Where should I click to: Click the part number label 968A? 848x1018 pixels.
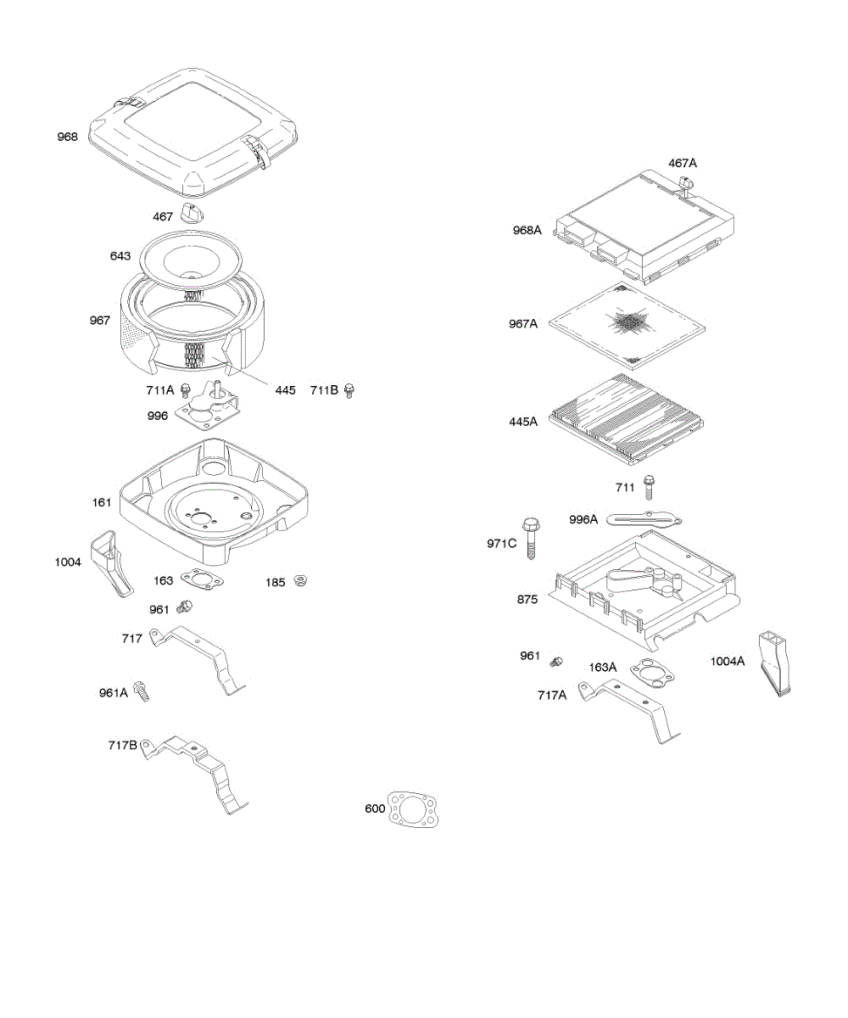point(527,230)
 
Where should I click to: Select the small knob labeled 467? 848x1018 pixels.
point(193,215)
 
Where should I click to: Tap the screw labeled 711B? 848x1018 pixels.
point(348,390)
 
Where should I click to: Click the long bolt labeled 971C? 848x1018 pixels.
point(532,537)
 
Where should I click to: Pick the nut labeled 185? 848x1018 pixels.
point(299,581)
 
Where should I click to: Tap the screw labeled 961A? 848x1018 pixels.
point(142,691)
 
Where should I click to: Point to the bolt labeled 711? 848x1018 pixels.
point(649,487)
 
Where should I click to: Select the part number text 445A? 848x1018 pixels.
point(522,422)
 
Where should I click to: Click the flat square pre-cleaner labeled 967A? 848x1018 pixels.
point(628,323)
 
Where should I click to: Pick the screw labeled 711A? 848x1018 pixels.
point(187,391)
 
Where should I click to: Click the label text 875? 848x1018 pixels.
point(527,599)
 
